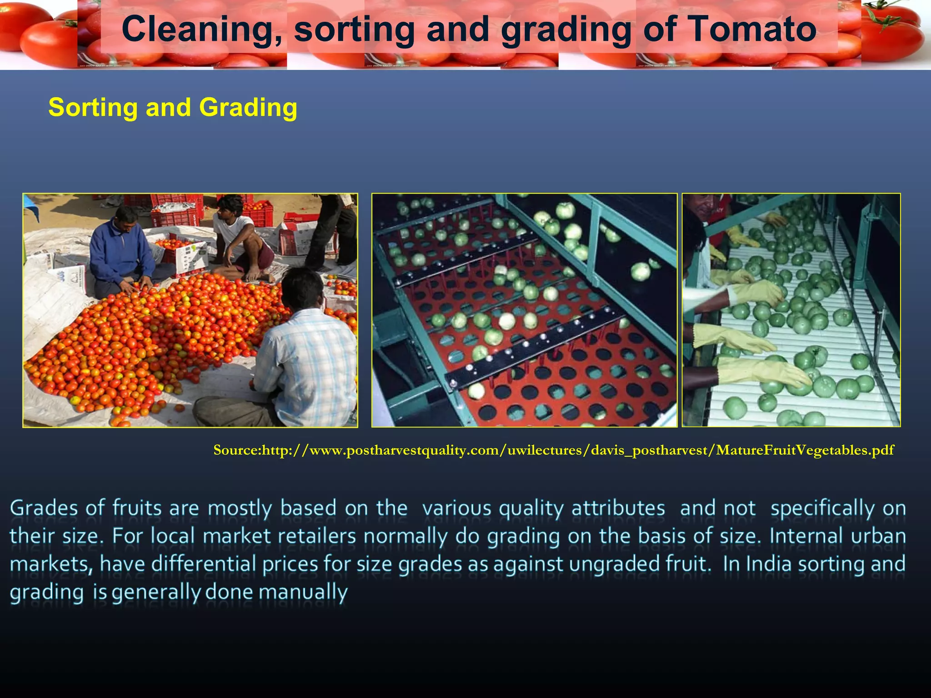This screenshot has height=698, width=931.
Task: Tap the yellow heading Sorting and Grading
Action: (173, 108)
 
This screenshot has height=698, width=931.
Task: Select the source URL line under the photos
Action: (554, 450)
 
